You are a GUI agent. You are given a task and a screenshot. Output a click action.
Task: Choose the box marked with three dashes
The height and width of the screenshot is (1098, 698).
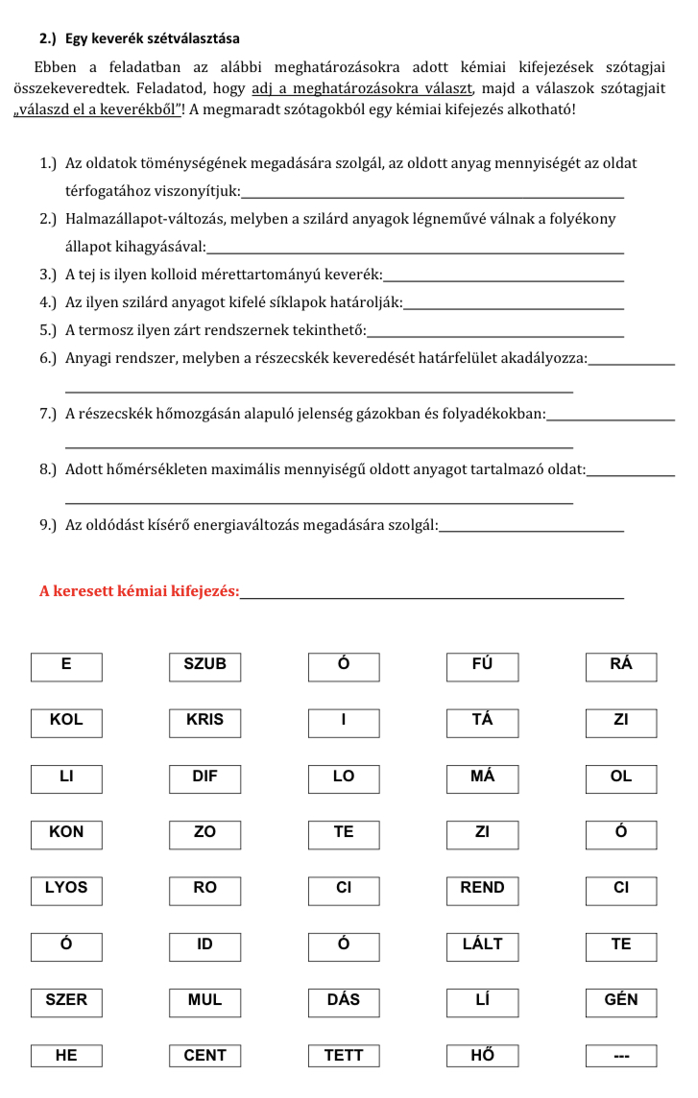tap(621, 1057)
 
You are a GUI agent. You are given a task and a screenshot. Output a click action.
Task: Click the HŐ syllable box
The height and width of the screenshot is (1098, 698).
tap(482, 1057)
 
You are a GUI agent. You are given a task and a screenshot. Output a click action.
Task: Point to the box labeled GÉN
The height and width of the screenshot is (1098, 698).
tap(621, 1001)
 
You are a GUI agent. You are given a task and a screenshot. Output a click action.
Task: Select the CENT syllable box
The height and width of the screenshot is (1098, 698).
tap(205, 1057)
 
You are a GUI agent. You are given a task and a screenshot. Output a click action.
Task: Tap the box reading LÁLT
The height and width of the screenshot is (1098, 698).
tap(482, 945)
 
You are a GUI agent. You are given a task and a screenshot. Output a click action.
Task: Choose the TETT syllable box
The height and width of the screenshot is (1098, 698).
tap(344, 1057)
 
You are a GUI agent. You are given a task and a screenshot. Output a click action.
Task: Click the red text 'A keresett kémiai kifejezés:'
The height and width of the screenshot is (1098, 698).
tap(139, 591)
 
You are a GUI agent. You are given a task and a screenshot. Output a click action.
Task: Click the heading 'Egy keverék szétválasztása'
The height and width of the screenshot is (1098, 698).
tap(153, 39)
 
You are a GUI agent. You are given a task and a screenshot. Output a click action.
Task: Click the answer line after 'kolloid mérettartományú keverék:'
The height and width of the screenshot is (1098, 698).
tap(503, 278)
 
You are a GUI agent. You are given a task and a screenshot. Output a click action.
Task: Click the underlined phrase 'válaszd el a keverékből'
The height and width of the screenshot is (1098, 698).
tap(97, 108)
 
